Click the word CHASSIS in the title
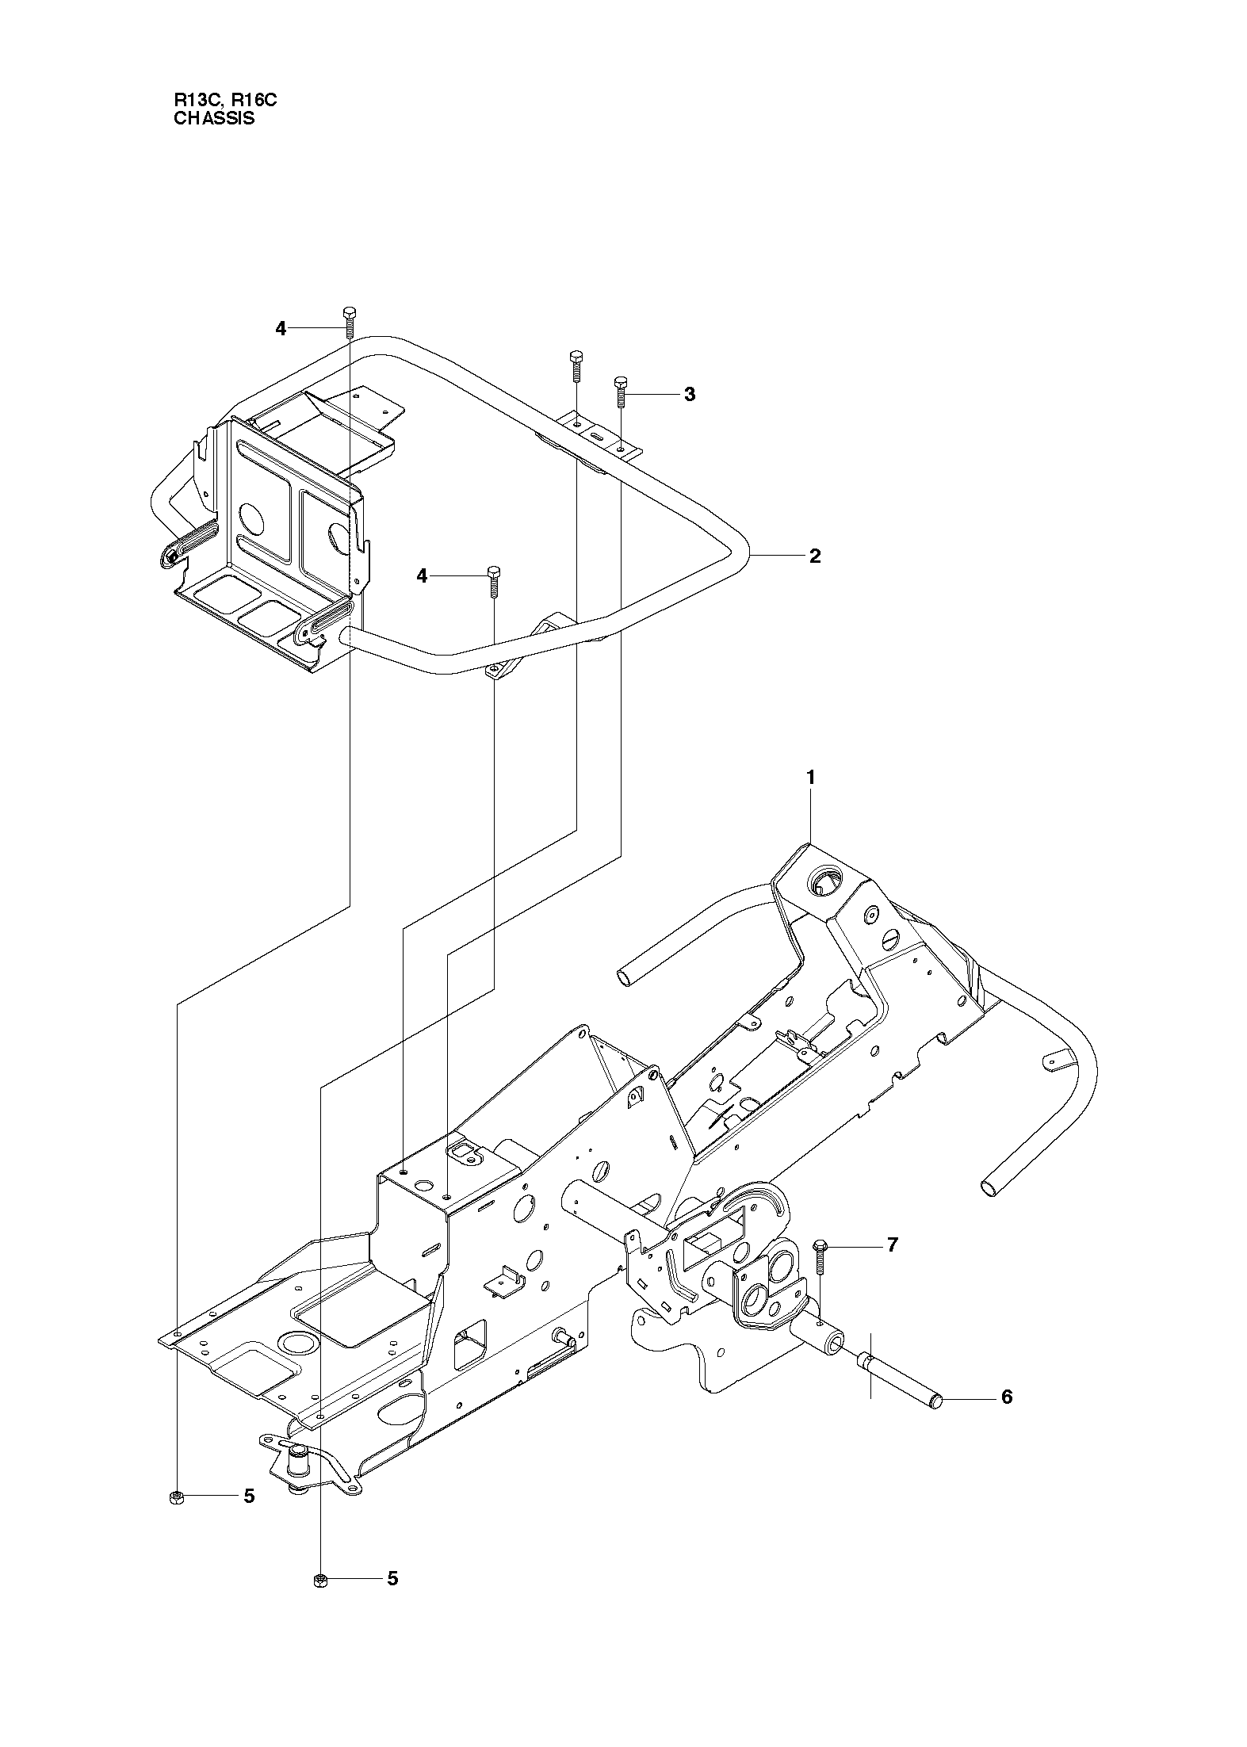click(214, 119)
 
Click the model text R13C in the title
click(193, 101)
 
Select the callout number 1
click(810, 778)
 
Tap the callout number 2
click(815, 556)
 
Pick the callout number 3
click(690, 394)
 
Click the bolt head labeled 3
click(622, 383)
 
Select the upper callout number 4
click(281, 329)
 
